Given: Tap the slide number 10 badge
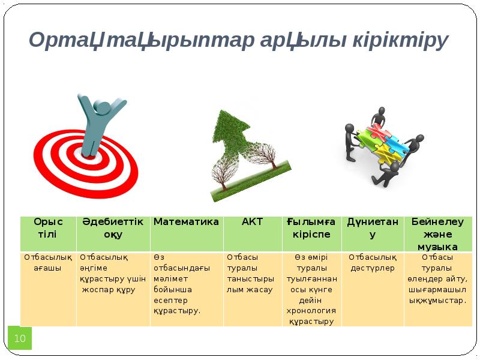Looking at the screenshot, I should (x=20, y=338).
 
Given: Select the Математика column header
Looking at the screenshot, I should (x=186, y=222).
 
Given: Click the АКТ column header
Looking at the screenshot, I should (x=252, y=222).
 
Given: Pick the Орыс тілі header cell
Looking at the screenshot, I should (x=48, y=227).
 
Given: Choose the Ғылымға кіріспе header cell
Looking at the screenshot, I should (x=311, y=227).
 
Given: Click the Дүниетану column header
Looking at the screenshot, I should (x=373, y=227).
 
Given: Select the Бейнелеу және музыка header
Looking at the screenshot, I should (x=438, y=234).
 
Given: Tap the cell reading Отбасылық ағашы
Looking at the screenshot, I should (x=48, y=263).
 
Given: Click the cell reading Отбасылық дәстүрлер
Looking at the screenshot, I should (x=373, y=263).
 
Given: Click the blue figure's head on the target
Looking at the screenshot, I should (x=103, y=108).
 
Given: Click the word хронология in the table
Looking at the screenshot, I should (x=311, y=311).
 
